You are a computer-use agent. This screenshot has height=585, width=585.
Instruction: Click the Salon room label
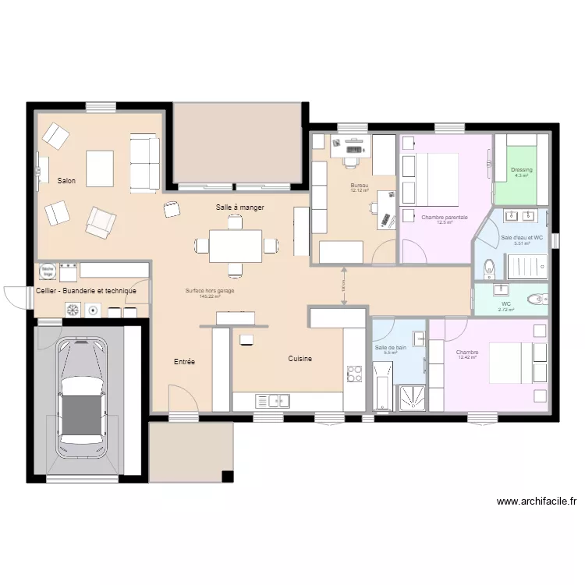(66, 181)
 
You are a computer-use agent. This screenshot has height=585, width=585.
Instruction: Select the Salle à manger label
(240, 207)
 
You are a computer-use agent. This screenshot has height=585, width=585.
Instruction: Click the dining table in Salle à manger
(235, 246)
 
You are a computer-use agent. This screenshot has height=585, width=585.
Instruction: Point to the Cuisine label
(300, 359)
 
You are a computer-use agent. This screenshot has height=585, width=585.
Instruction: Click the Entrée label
(184, 362)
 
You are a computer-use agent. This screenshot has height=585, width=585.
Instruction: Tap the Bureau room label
(359, 185)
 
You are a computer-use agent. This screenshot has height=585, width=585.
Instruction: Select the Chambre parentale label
(445, 217)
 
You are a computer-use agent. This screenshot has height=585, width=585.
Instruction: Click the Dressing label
(522, 170)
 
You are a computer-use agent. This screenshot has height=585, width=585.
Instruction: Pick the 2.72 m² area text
(506, 310)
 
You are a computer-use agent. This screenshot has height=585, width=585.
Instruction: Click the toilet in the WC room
(537, 298)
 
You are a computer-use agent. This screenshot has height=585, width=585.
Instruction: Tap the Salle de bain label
(391, 347)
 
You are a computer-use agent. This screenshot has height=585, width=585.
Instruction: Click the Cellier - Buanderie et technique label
(87, 291)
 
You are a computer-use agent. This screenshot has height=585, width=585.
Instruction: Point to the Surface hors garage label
(210, 291)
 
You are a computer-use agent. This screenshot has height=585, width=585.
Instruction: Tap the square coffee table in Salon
(100, 168)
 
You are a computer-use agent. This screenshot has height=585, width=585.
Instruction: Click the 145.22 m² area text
(210, 296)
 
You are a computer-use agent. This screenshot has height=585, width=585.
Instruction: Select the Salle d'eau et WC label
(522, 237)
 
